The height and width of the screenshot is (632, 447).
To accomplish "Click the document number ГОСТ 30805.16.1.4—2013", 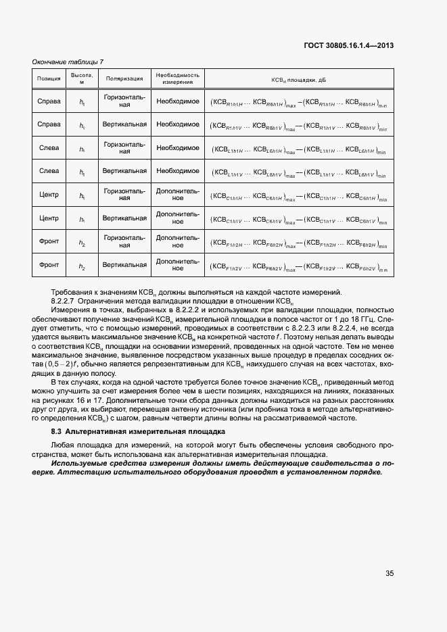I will coord(350,46).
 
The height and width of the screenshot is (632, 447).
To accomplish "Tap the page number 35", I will coord(390,573).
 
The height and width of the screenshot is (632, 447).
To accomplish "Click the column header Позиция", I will coord(49,78).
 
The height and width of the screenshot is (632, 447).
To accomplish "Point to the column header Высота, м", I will coord(82,78).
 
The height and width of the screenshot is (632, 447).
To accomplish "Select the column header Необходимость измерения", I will coord(178,78).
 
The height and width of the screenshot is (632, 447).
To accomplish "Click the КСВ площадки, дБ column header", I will coord(298,79).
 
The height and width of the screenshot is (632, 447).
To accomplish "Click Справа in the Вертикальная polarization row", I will coord(49,124).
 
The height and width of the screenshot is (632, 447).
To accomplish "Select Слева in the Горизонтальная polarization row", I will coord(49,148).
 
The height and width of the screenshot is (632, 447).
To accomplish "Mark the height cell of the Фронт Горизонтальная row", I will coord(82,242).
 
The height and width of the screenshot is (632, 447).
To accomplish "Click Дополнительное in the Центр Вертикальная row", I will coord(178,218).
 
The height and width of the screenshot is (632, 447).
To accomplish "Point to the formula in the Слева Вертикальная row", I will coord(298,172).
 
